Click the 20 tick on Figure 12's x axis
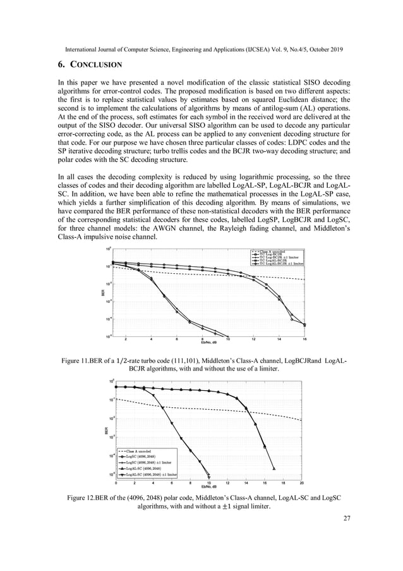coord(302,482)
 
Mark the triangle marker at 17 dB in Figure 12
coord(274,469)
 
